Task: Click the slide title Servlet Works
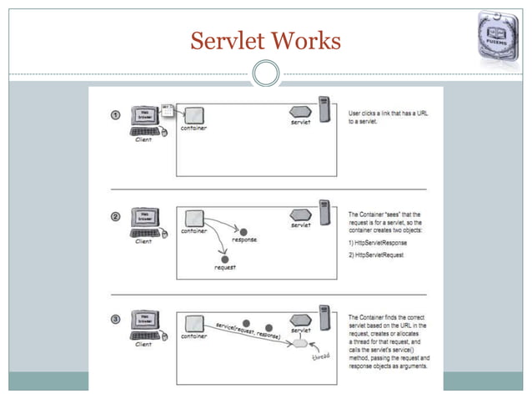coord(265,39)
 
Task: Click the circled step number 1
coord(115,114)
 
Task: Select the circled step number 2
coord(115,217)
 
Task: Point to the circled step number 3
coord(115,320)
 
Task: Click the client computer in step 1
coord(144,121)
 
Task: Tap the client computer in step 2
coord(144,224)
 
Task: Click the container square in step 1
coord(193,114)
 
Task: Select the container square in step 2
coord(193,217)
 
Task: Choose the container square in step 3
coord(193,321)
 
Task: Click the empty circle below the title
coord(265,74)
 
